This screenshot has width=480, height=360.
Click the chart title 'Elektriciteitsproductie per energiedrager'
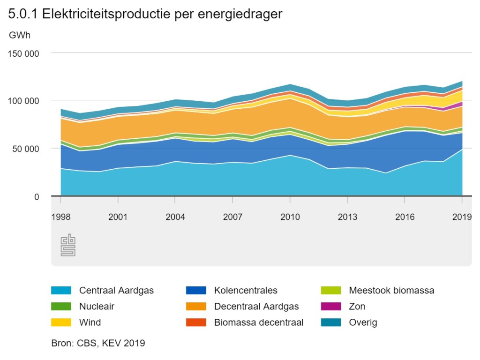point(162,14)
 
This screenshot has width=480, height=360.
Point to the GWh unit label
point(20,35)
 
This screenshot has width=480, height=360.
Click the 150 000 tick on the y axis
point(23,53)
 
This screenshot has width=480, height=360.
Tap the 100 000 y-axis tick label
point(23,101)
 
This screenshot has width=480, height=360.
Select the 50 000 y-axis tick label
point(26,149)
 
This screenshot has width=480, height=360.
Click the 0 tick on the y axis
point(37,197)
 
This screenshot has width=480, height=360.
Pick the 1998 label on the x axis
point(60,217)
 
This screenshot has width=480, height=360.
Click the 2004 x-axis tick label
point(175,217)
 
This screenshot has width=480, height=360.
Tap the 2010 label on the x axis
point(290,217)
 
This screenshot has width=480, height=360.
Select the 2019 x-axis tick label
point(462,217)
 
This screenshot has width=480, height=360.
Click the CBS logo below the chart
point(68,245)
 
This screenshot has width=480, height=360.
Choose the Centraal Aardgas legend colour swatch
point(61,290)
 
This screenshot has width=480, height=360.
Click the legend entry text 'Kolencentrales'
point(246,290)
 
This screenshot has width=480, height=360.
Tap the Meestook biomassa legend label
point(391,290)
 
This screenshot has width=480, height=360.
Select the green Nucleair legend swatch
point(61,307)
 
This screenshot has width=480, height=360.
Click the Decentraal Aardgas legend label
point(256,307)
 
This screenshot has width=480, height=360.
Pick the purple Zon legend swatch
point(331,307)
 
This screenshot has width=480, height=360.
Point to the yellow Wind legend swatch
point(61,322)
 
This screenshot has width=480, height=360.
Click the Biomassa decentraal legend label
point(259,322)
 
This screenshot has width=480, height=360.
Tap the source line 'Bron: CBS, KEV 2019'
point(98,343)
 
